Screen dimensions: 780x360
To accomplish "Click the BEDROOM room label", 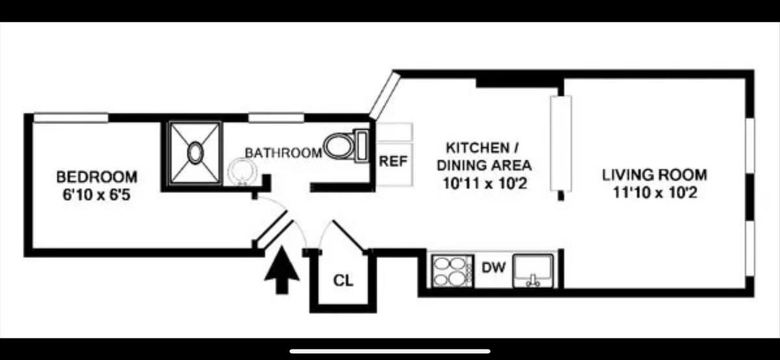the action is (97, 177).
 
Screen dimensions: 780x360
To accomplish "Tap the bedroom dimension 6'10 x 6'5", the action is (96, 195).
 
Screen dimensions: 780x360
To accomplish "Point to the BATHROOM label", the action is (283, 153).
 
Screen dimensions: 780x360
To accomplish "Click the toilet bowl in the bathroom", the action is (339, 146).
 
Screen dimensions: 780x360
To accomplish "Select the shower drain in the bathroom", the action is (196, 153).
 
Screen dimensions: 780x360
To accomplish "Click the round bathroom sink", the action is (242, 172).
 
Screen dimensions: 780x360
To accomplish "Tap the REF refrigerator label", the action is (393, 161).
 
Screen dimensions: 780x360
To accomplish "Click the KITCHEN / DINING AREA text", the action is (484, 157).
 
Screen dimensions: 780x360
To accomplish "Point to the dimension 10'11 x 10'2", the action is (485, 183).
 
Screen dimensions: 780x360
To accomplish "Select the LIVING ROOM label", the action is (655, 175).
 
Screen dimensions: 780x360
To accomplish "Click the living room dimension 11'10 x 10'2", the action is (655, 192).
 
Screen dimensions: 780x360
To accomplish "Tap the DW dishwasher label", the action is (493, 267).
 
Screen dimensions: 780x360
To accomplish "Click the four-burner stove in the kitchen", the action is (452, 271).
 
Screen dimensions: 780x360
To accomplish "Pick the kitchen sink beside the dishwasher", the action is (533, 271).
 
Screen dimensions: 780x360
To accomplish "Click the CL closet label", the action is (343, 280).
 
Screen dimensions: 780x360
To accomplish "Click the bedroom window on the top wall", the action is (71, 118).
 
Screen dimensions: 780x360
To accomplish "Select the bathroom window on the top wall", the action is (276, 118).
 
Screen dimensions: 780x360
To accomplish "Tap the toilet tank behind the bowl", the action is (362, 146).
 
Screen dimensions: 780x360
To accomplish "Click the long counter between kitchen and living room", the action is (561, 143).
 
